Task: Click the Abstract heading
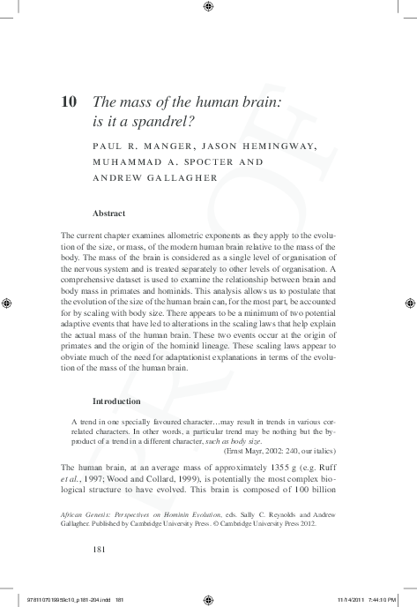pos(108,214)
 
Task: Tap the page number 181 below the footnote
pos(100,548)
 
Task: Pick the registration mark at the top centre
pos(208,7)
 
